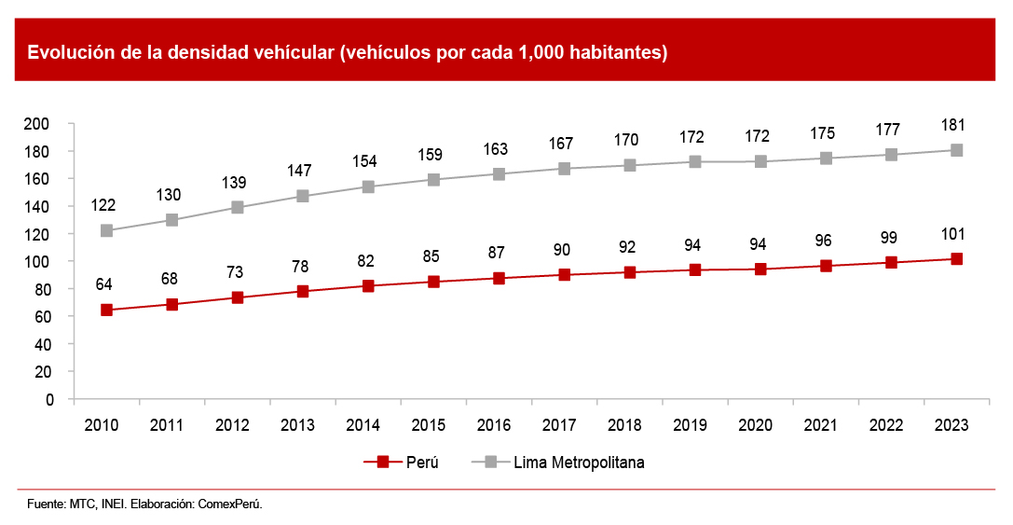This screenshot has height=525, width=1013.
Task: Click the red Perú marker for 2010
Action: click(106, 310)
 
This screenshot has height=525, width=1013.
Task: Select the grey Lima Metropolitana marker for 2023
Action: click(956, 150)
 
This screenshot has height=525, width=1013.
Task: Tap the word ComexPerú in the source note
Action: click(232, 504)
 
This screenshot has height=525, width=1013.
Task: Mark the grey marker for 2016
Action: click(499, 173)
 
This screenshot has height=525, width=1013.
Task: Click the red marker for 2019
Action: click(694, 269)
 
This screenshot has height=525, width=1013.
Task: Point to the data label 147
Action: click(298, 171)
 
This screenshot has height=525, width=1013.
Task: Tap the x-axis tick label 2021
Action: click(820, 424)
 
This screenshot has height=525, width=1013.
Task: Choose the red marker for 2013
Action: click(302, 291)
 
